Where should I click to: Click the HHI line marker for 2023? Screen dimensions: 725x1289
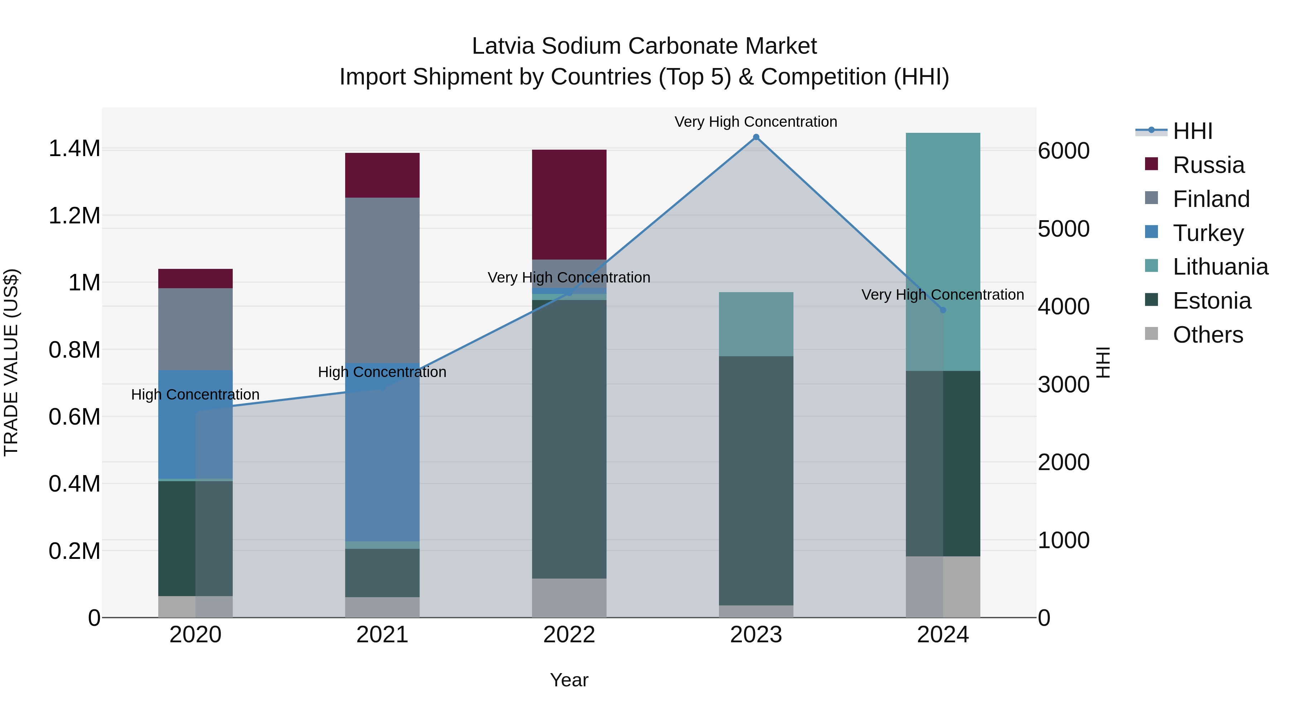(x=756, y=137)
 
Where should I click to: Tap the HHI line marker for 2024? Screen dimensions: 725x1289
(x=943, y=310)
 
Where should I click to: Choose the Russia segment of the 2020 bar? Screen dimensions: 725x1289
(x=195, y=279)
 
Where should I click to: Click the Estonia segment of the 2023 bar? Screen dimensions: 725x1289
(x=756, y=480)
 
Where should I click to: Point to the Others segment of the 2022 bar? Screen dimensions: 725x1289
(x=569, y=598)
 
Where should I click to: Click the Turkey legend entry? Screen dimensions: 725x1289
(x=1208, y=233)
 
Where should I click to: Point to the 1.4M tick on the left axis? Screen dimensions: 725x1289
(x=74, y=149)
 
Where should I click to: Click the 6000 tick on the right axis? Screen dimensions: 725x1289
(x=1064, y=151)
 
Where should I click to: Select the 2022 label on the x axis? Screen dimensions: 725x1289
(x=569, y=635)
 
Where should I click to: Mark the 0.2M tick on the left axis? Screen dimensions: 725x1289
(x=74, y=551)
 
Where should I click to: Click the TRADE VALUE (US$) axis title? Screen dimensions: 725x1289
(x=11, y=362)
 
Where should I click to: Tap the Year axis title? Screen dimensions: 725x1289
(x=569, y=680)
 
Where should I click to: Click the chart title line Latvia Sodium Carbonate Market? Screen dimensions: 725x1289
(x=644, y=46)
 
